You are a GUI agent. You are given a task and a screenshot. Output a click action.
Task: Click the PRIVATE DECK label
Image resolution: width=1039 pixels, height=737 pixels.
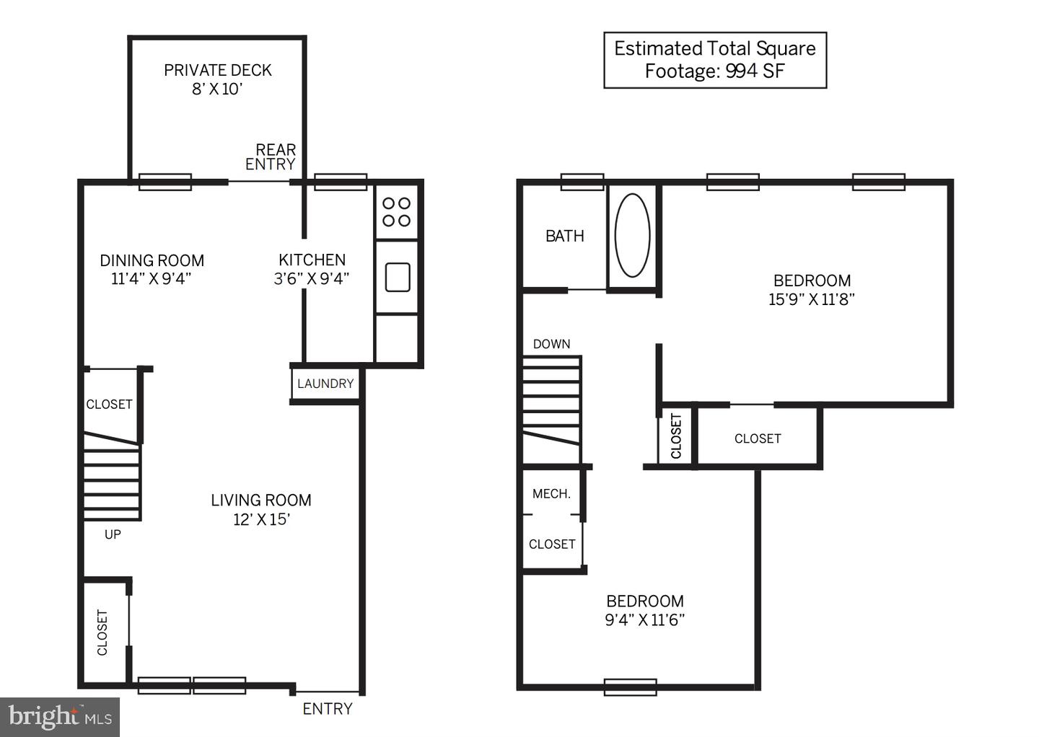tap(218, 71)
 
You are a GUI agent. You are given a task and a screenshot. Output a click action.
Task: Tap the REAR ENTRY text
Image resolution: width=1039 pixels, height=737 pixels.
tap(271, 156)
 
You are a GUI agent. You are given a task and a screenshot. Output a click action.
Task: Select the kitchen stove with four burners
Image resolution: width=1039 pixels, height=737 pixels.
tap(397, 212)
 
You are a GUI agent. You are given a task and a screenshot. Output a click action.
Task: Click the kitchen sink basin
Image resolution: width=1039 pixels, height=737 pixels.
tap(398, 277)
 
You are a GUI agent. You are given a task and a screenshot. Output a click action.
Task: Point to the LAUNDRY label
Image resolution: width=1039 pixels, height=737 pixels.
tap(325, 384)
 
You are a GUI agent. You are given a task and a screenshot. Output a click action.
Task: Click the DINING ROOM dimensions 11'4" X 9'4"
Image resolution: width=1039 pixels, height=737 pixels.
tap(152, 279)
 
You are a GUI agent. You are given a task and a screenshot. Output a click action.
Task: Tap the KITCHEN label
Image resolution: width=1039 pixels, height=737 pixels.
tap(312, 260)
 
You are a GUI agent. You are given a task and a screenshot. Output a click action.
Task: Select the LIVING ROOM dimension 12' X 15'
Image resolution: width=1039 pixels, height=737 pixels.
tap(262, 520)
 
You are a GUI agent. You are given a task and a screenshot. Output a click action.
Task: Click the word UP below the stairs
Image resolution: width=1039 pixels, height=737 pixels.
tap(113, 535)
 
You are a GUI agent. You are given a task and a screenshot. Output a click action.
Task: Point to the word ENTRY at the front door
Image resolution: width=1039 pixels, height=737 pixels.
tap(328, 709)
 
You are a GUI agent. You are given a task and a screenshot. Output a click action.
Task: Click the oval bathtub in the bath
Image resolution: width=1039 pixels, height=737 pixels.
tap(632, 236)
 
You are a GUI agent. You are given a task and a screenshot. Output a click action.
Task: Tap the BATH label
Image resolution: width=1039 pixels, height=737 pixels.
tap(564, 237)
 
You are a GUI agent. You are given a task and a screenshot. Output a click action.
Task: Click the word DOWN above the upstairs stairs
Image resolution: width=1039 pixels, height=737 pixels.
tap(551, 344)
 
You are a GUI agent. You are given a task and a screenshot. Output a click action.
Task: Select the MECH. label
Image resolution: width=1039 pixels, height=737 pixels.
tap(551, 494)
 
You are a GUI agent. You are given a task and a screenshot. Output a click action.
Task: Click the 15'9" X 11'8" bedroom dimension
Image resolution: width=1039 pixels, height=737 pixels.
tap(811, 299)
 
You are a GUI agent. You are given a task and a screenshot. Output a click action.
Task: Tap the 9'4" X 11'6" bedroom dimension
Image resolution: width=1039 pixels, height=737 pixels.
tap(645, 619)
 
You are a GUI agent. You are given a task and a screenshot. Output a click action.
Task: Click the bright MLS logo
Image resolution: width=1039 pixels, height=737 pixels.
tap(60, 717)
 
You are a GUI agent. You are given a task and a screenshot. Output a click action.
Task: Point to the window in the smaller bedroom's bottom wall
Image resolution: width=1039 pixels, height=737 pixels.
tap(630, 687)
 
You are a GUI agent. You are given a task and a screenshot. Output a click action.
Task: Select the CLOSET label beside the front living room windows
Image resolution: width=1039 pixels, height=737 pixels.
tap(102, 632)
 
